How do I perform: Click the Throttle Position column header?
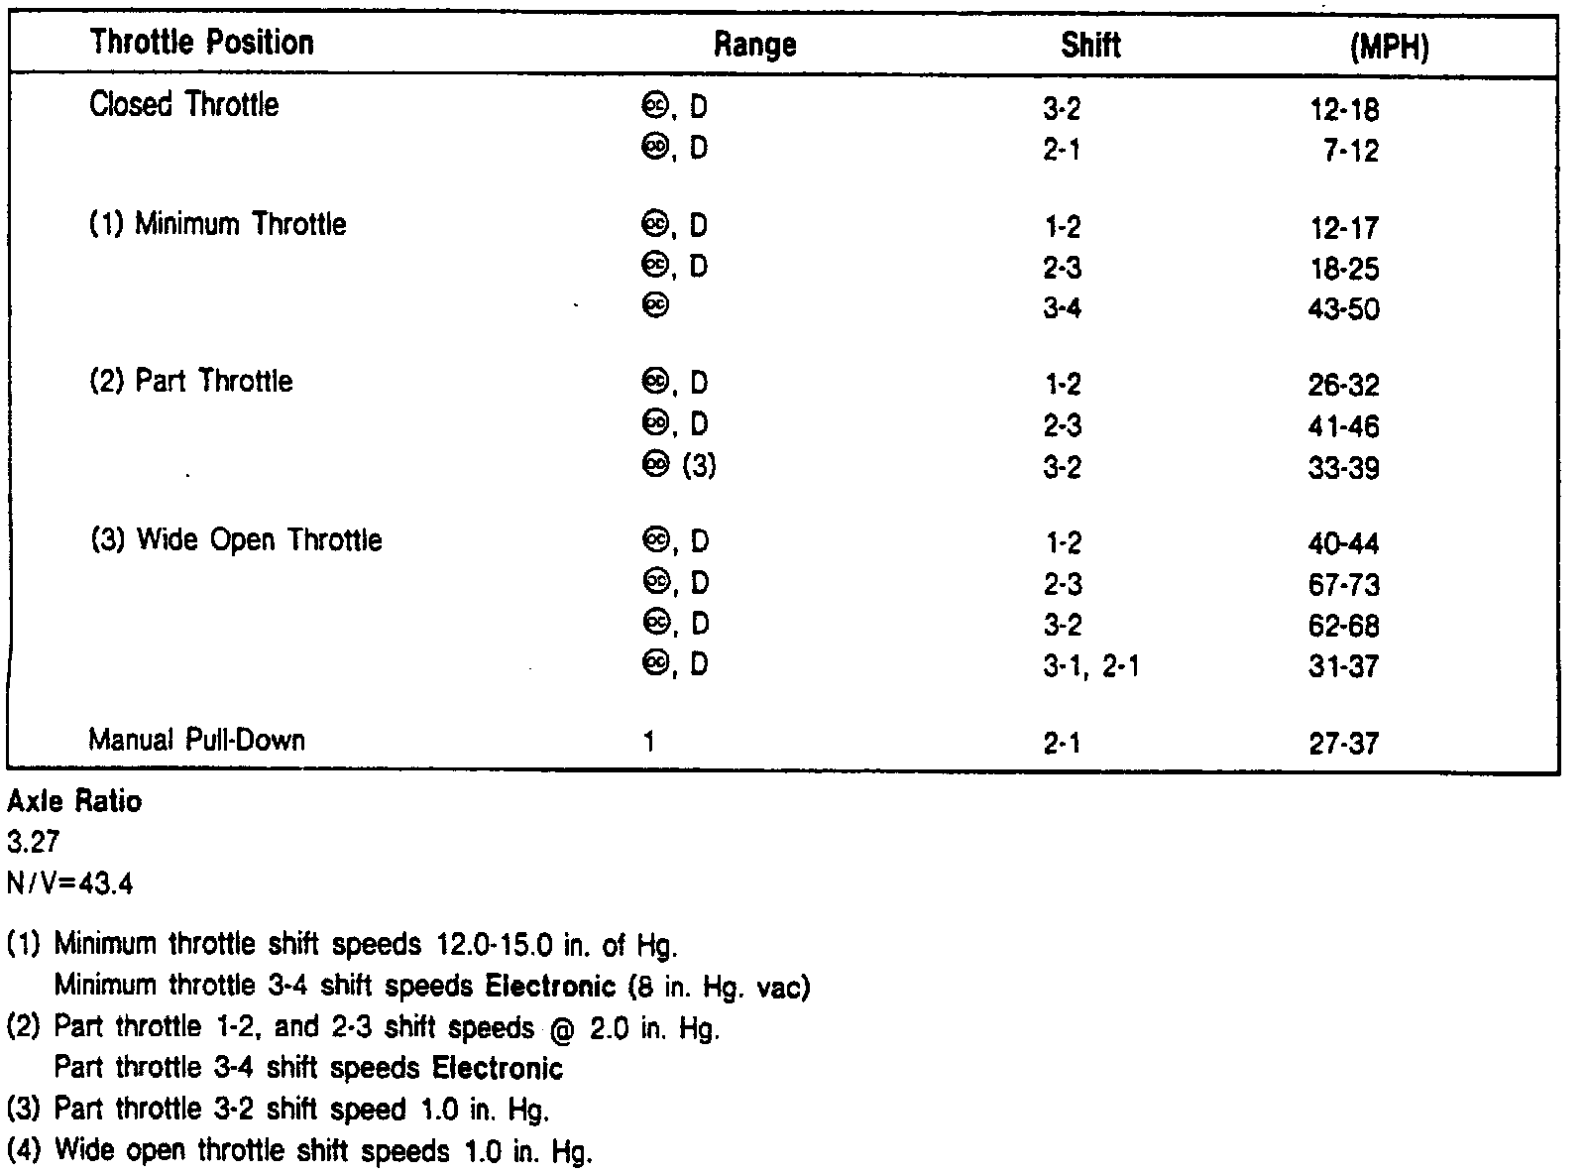point(201,43)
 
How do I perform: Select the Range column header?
point(754,45)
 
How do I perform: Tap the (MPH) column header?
point(1389,48)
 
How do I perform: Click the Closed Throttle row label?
point(183,105)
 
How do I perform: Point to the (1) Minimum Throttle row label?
point(217,224)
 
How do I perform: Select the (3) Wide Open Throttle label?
point(235,540)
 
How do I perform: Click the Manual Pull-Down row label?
point(196,741)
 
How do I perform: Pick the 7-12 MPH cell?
point(1350,151)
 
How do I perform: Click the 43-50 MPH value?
point(1343,309)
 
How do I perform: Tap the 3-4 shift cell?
point(1062,309)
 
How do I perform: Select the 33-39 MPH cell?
point(1343,468)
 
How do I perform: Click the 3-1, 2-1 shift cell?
point(1090,666)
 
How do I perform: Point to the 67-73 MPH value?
point(1343,585)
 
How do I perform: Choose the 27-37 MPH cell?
point(1343,744)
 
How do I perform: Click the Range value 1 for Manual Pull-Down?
point(649,742)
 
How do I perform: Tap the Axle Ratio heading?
point(74,801)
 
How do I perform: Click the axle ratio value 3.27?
point(33,843)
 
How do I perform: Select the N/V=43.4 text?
point(69,883)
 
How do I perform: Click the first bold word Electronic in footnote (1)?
point(550,987)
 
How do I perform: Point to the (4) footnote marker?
point(24,1151)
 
